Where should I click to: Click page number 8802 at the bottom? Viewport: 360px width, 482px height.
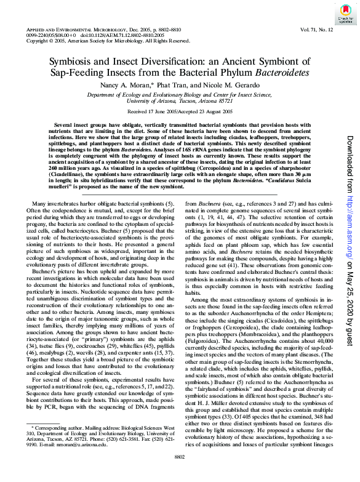pyautogui.click(x=180, y=472)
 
